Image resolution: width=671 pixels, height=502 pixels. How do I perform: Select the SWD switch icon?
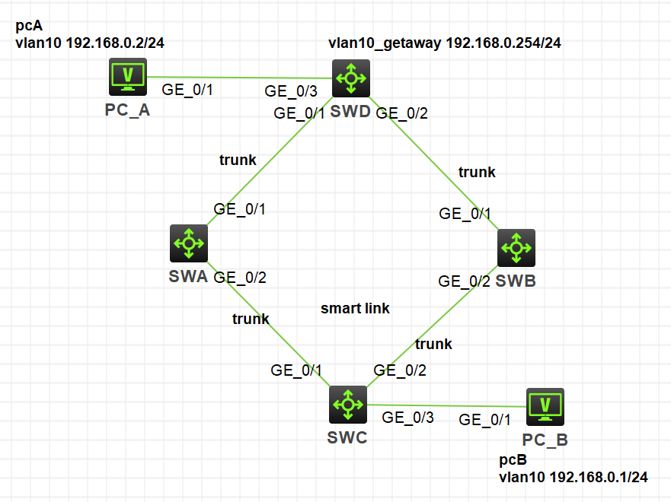click(350, 77)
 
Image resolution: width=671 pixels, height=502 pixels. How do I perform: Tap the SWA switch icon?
click(188, 243)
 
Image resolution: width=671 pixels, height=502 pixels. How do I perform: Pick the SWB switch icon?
click(516, 247)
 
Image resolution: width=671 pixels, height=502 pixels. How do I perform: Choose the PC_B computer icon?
click(545, 407)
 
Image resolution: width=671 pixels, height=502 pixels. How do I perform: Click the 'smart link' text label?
click(355, 308)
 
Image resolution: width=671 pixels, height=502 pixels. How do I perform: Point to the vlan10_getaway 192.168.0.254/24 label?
click(445, 43)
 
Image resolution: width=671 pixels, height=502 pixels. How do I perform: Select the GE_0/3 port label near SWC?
click(407, 417)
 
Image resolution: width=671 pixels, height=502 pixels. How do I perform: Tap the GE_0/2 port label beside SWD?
click(402, 113)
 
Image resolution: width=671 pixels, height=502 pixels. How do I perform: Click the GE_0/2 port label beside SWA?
click(240, 277)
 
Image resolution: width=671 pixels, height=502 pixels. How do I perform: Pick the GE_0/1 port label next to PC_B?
click(484, 419)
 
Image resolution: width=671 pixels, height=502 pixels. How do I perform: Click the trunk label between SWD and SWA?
click(238, 160)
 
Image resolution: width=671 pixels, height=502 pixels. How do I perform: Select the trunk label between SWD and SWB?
click(477, 172)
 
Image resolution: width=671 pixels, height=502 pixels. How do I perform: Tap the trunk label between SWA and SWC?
click(251, 319)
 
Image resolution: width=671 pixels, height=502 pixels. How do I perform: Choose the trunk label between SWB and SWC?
click(433, 344)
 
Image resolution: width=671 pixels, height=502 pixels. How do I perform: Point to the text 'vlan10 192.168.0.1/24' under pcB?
click(573, 478)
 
